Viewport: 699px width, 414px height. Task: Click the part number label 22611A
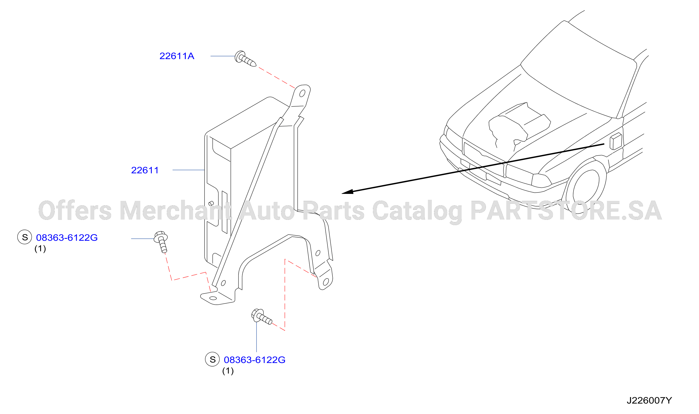point(177,56)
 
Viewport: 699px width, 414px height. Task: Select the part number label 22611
point(145,170)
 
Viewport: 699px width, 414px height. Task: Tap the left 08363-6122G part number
point(67,238)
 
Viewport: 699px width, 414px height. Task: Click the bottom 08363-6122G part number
point(255,360)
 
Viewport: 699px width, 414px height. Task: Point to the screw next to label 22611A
point(245,59)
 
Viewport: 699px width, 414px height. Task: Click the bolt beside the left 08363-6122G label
point(162,242)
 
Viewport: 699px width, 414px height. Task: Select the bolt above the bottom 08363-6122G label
point(261,317)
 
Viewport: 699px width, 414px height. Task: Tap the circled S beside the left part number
point(25,237)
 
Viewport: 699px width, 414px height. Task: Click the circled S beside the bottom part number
point(212,359)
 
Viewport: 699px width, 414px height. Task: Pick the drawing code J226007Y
point(649,400)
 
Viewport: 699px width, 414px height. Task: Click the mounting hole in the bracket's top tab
point(302,93)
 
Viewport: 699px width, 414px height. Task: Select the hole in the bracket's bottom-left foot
point(213,298)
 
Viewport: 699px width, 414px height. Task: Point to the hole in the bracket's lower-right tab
point(326,282)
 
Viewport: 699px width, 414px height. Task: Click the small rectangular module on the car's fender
point(616,141)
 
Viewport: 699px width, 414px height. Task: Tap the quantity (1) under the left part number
point(40,249)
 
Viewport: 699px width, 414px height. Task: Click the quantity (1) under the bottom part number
point(228,371)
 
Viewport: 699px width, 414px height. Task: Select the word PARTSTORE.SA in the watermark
point(566,211)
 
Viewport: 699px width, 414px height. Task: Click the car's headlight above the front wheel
point(541,180)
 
